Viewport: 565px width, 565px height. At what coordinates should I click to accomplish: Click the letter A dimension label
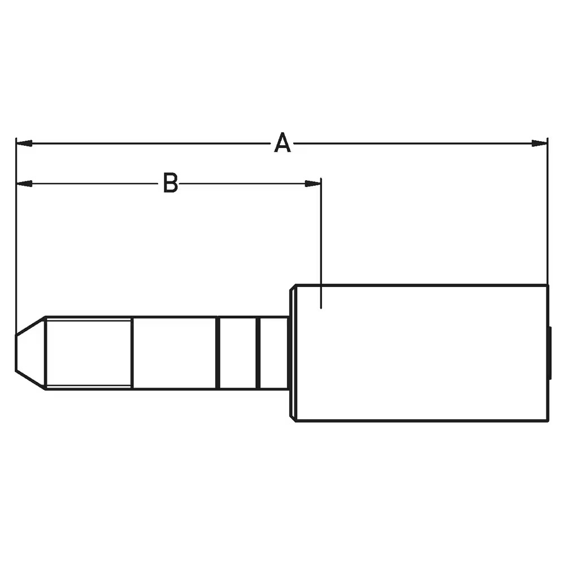pyautogui.click(x=282, y=143)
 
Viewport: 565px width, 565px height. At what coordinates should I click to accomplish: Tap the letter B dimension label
pyautogui.click(x=171, y=182)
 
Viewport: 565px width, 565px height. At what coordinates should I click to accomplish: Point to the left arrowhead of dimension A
pyautogui.click(x=24, y=144)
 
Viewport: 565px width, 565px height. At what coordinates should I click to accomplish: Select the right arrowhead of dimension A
pyautogui.click(x=540, y=144)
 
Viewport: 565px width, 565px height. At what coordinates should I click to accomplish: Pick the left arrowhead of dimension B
pyautogui.click(x=24, y=184)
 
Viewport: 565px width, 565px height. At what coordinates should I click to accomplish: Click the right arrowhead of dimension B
pyautogui.click(x=313, y=184)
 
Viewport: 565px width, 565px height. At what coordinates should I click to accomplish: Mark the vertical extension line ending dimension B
pyautogui.click(x=321, y=243)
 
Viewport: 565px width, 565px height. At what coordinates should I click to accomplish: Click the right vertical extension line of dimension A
pyautogui.click(x=547, y=211)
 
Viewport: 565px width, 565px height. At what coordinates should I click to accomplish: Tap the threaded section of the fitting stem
pyautogui.click(x=89, y=353)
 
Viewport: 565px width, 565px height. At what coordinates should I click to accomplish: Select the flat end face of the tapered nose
pyautogui.click(x=16, y=353)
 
